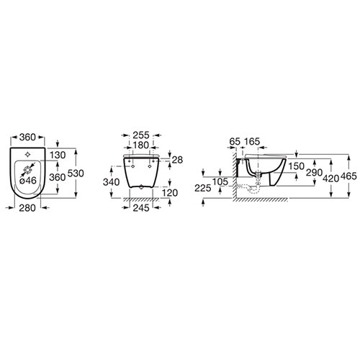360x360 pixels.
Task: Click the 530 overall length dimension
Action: pos(76,173)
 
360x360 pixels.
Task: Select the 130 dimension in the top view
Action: pos(58,155)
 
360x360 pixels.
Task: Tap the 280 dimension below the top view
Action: pos(27,208)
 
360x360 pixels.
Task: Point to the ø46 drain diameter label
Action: pos(28,180)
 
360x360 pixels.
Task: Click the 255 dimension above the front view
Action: pos(141,135)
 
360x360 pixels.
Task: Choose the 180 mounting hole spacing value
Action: pos(140,145)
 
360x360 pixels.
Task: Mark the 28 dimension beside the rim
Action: pos(177,160)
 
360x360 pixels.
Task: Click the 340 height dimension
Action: pos(112,182)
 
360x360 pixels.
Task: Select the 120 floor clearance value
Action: pos(170,192)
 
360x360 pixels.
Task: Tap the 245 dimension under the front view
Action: pos(141,208)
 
